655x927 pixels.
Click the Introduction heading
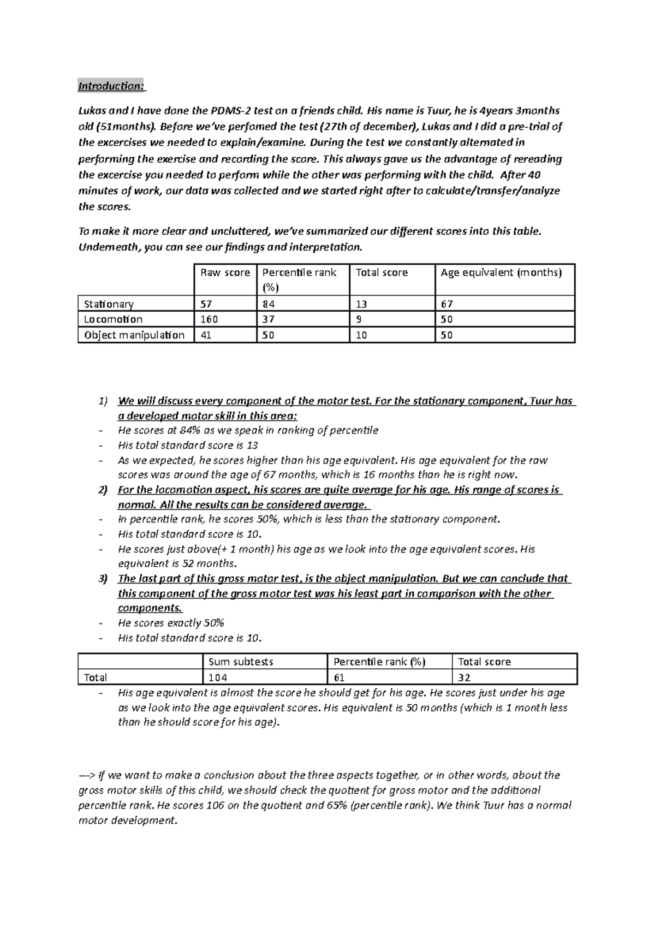111,86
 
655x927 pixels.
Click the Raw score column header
225,272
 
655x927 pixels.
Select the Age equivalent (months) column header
501,272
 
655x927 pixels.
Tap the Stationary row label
109,304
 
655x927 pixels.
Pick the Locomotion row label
113,319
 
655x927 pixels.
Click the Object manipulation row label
134,335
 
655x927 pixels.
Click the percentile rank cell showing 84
268,304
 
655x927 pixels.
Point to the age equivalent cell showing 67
446,304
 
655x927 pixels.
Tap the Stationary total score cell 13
361,304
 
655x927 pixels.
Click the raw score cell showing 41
206,335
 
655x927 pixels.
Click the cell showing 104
218,678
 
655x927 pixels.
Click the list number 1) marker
103,401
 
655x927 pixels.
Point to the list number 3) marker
103,579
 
